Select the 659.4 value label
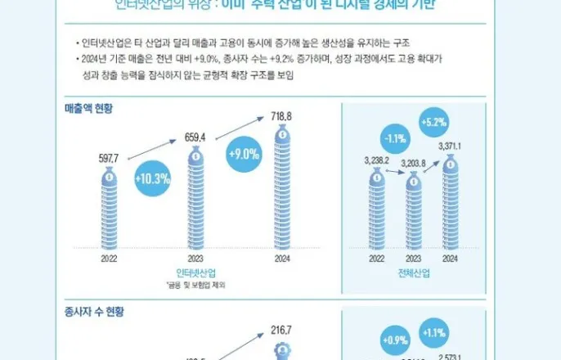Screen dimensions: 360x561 coord(196,136)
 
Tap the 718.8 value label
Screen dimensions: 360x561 coord(281,117)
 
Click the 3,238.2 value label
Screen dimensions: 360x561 coord(376,162)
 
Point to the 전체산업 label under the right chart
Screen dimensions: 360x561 coord(414,272)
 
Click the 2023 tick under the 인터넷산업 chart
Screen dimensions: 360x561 coord(195,257)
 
